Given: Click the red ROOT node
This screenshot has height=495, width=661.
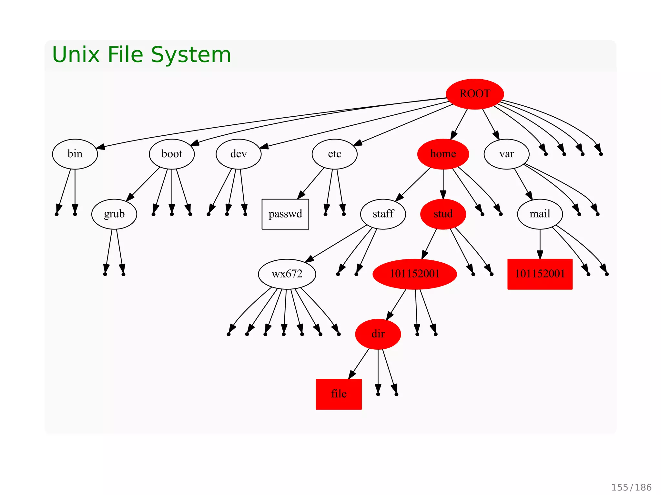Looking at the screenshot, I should pyautogui.click(x=475, y=94).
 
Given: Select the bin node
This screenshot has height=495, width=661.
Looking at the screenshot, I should pyautogui.click(x=75, y=154).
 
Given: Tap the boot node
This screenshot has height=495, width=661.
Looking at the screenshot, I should pyautogui.click(x=172, y=154).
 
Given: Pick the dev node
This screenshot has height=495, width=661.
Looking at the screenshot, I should pyautogui.click(x=239, y=154).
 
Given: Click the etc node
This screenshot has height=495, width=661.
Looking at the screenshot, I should pyautogui.click(x=334, y=154).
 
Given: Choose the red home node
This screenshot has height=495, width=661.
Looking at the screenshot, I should pyautogui.click(x=443, y=154).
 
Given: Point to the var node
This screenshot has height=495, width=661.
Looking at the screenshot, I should pyautogui.click(x=506, y=154).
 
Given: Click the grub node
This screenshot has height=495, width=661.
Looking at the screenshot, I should pyautogui.click(x=114, y=214).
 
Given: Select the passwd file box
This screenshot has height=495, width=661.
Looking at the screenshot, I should pyautogui.click(x=285, y=214).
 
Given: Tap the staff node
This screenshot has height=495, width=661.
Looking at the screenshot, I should pyautogui.click(x=383, y=214).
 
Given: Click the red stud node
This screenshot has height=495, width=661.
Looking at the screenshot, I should pyautogui.click(x=443, y=214).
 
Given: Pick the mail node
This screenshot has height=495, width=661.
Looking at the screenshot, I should pyautogui.click(x=540, y=214).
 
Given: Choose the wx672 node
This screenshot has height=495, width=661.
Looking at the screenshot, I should pyautogui.click(x=287, y=274).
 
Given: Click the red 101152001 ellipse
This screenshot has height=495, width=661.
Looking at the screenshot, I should pyautogui.click(x=415, y=274).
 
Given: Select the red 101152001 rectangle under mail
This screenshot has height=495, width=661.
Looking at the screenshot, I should pyautogui.click(x=540, y=274).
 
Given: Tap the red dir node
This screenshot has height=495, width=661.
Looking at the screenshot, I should pyautogui.click(x=378, y=334).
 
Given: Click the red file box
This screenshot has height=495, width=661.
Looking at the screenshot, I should pyautogui.click(x=339, y=394).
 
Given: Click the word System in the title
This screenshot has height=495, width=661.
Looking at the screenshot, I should pyautogui.click(x=191, y=54).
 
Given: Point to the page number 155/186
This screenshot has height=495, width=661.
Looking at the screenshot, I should pyautogui.click(x=631, y=487).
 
